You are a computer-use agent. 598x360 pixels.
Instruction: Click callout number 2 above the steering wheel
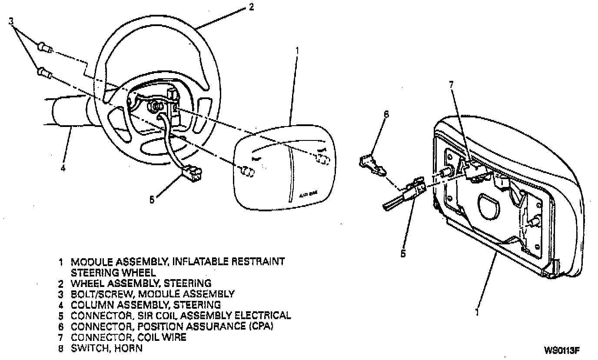point(251,7)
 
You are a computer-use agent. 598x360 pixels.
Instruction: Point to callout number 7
point(451,85)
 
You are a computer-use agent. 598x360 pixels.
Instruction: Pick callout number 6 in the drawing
point(386,115)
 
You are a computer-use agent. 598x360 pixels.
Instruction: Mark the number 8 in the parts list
point(61,348)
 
